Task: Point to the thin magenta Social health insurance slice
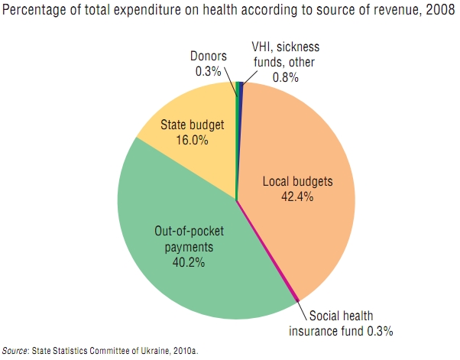(269, 252)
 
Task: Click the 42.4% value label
(298, 196)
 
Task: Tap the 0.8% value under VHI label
(285, 77)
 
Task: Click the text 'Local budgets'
(298, 183)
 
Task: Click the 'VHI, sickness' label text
(287, 50)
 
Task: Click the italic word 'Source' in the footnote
(15, 350)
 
